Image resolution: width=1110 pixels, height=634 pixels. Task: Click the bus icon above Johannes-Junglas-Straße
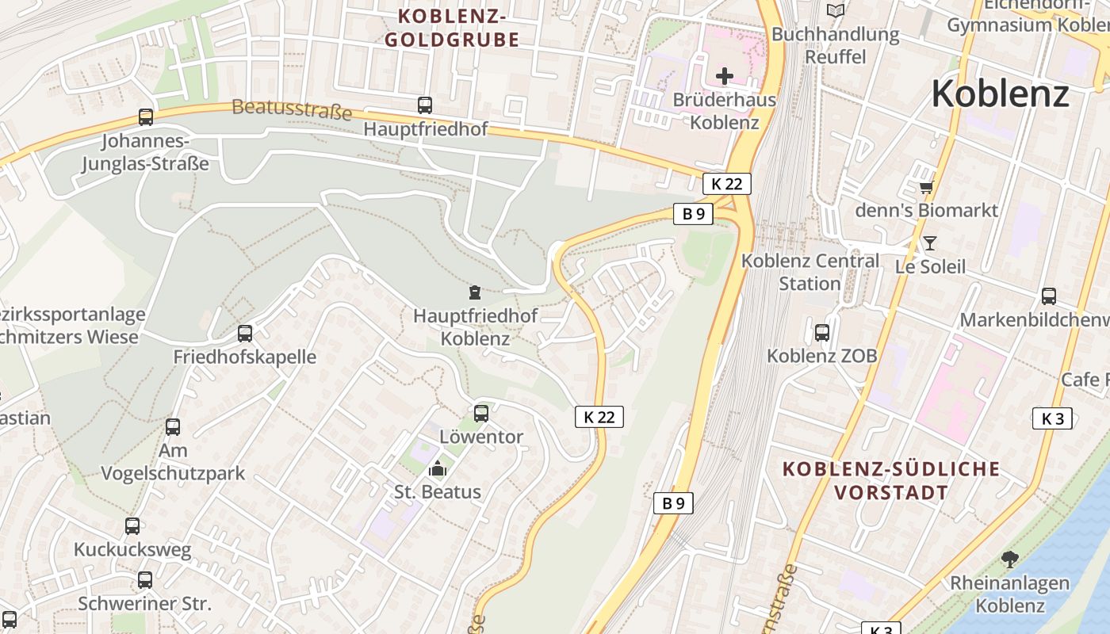click(x=146, y=117)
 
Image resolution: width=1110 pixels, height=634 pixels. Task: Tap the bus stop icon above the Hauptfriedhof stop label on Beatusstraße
click(x=425, y=105)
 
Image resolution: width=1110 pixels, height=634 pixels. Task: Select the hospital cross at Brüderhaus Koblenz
click(x=725, y=76)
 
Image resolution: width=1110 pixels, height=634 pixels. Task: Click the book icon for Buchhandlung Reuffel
click(x=835, y=10)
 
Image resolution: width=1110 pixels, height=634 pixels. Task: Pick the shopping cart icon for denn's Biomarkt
click(x=926, y=188)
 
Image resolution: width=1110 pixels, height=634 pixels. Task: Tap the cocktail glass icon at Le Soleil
click(x=930, y=243)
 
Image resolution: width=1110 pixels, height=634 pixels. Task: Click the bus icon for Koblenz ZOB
click(x=822, y=333)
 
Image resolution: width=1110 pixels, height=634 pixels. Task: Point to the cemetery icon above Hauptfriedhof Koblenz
click(x=474, y=292)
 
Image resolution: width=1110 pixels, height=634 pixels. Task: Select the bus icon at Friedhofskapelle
click(x=245, y=334)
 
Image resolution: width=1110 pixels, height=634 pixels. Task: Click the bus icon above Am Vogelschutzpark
click(x=173, y=427)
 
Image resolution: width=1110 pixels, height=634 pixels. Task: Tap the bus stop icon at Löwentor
click(x=481, y=413)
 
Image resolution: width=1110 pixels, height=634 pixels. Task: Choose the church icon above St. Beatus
click(x=437, y=469)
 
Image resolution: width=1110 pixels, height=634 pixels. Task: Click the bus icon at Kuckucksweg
click(x=132, y=525)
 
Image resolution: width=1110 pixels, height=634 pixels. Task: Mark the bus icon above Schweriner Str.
click(x=144, y=579)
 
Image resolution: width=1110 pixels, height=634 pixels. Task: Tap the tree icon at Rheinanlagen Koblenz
click(x=1009, y=560)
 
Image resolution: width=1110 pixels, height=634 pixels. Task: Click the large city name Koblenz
click(x=1000, y=94)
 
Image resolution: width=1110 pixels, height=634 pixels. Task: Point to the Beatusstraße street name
click(x=292, y=109)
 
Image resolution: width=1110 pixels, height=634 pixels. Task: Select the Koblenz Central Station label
click(x=810, y=272)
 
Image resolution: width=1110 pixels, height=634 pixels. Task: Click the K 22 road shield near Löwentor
click(x=599, y=417)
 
